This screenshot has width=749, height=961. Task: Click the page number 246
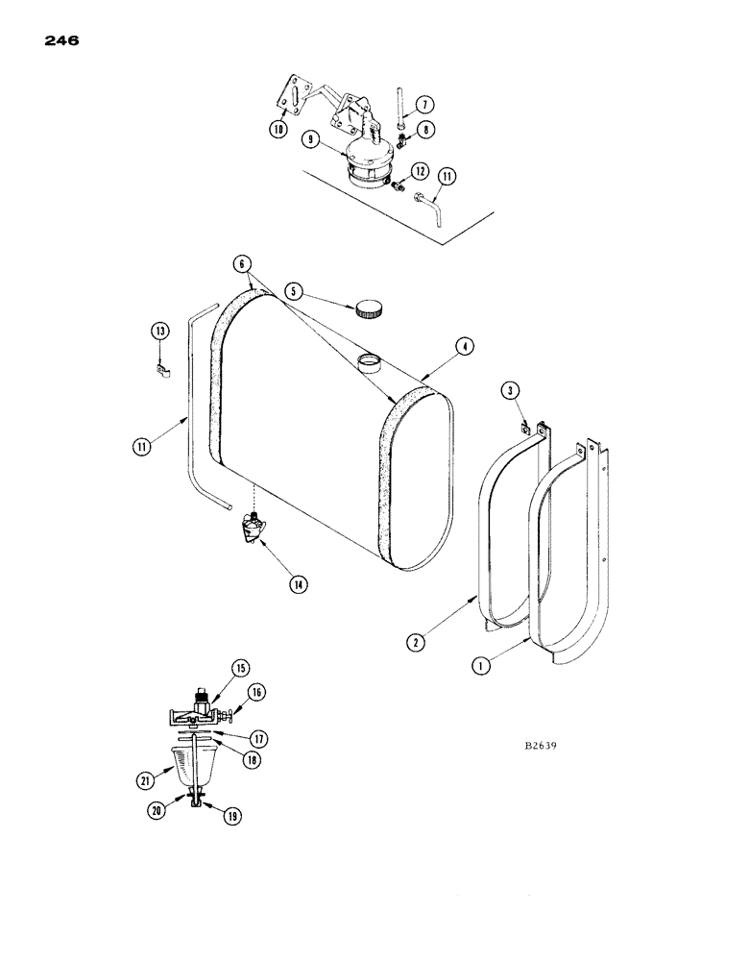tap(59, 40)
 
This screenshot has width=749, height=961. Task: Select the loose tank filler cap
tap(370, 309)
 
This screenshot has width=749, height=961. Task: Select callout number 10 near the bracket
tap(278, 128)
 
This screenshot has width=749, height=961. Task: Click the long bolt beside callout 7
tap(399, 118)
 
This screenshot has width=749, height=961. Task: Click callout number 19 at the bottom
tap(233, 816)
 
